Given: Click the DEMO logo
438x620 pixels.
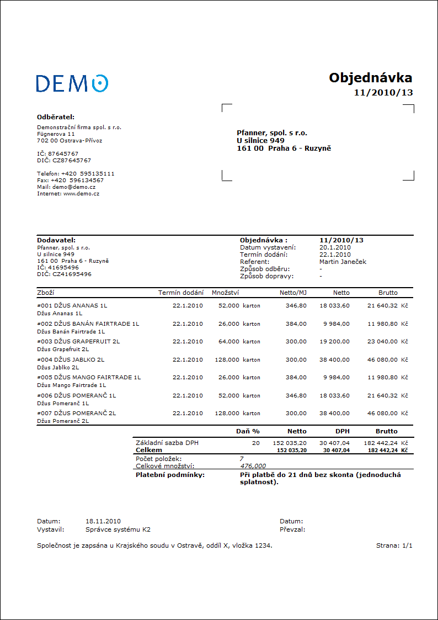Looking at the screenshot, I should point(72,83).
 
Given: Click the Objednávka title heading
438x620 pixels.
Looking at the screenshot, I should point(371,77).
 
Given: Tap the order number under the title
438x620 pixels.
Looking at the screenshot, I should point(383,92).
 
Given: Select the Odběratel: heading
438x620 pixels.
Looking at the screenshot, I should point(56,117).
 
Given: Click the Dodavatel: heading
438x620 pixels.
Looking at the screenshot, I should point(56,240).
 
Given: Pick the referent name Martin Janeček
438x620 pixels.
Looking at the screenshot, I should point(343,262).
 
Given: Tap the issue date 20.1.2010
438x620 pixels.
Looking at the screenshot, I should point(335,247).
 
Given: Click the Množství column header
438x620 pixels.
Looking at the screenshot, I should point(225,293).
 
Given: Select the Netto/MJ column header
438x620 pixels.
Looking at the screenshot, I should point(293,293).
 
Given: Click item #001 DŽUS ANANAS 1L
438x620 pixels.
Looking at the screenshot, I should point(72,305).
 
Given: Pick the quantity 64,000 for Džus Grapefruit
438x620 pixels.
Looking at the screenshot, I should point(229,342).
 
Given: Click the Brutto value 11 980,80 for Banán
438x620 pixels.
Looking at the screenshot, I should point(382,324).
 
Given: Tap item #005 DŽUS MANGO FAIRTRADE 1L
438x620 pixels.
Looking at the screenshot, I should point(89,378).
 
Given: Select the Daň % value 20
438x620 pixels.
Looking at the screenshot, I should point(256,443).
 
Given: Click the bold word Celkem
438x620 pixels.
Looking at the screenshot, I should point(149,450).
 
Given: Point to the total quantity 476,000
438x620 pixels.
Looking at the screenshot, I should point(253,466).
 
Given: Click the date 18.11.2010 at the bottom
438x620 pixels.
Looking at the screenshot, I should point(103,521).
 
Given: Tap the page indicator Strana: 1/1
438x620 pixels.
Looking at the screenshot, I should point(394,545).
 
